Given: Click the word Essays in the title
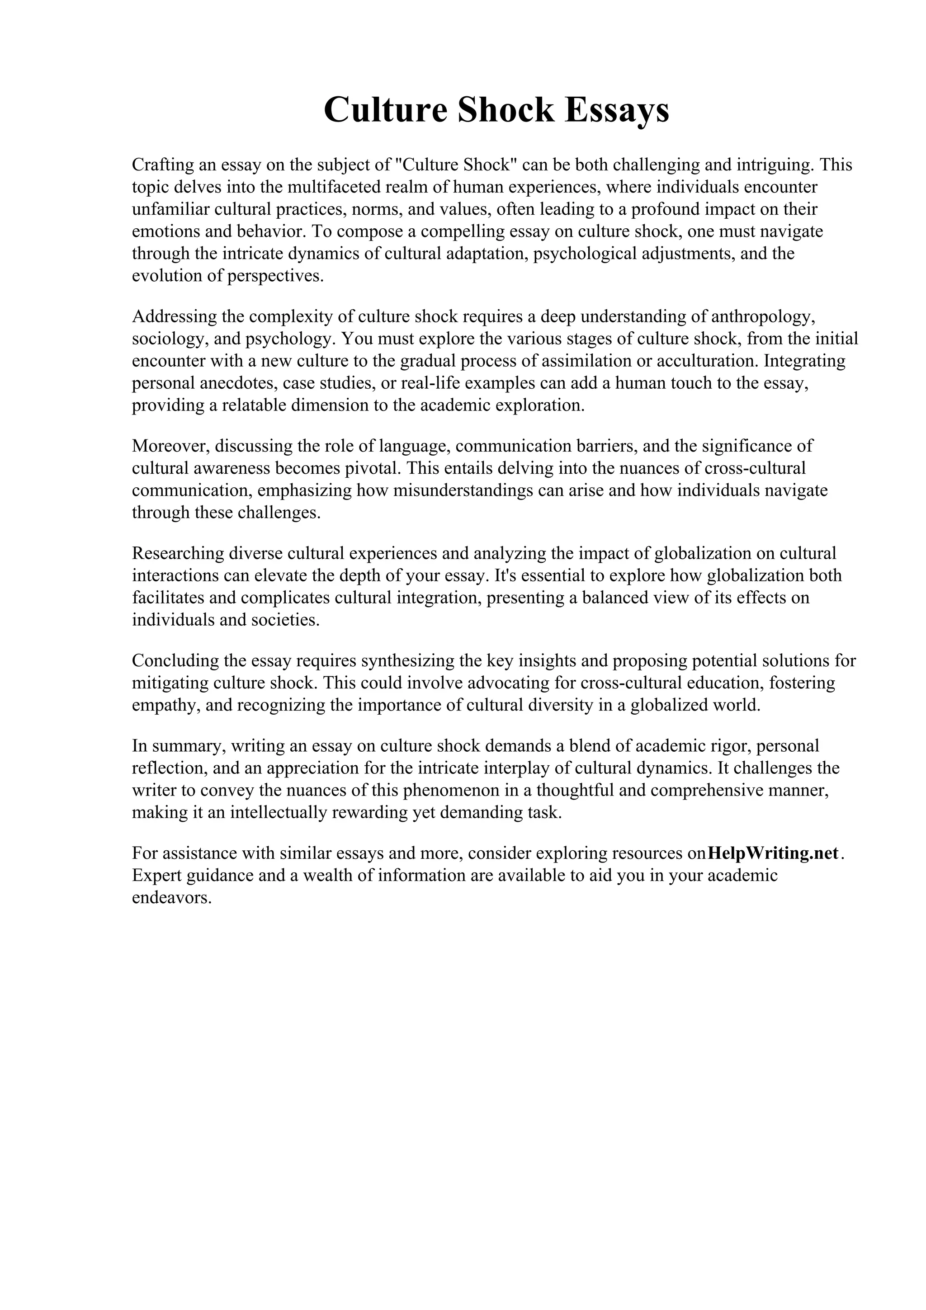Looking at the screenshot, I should (x=617, y=110).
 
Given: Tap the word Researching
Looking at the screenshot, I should (x=177, y=553).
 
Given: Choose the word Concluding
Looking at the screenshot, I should (x=175, y=661).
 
